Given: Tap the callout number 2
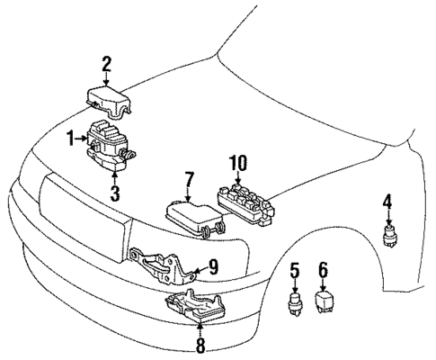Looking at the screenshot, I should (x=106, y=64).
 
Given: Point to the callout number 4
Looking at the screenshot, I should (x=387, y=202).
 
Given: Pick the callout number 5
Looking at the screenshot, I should (x=294, y=269).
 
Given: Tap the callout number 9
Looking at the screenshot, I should (x=213, y=266).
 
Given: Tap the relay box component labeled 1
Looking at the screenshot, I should (x=108, y=144).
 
